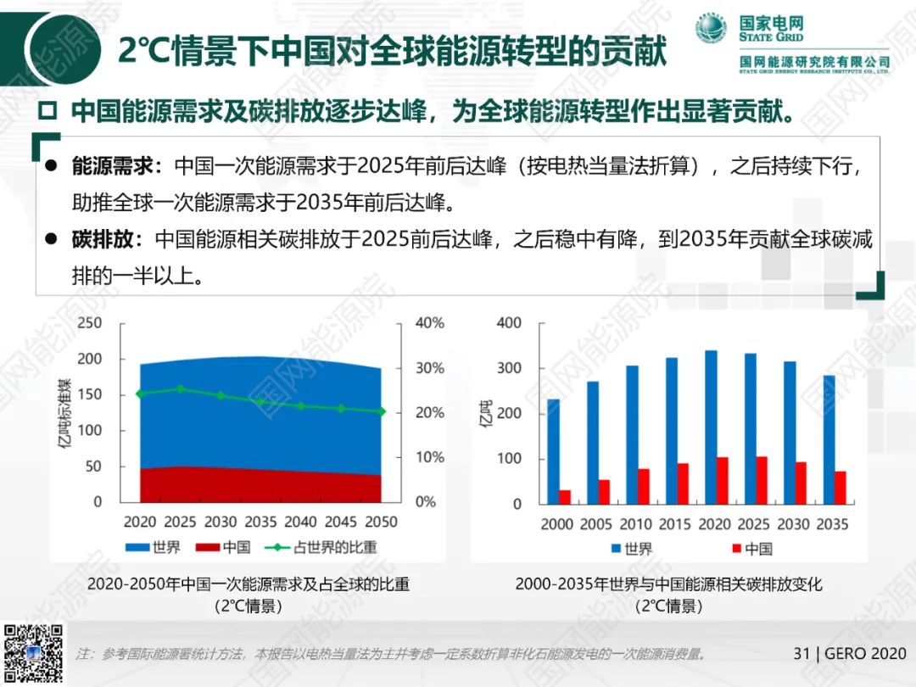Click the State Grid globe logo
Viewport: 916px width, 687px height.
coord(712,31)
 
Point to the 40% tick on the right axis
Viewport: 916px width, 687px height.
coord(429,323)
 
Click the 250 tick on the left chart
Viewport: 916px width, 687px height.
coord(90,323)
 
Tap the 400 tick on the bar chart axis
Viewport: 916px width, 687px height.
coord(510,323)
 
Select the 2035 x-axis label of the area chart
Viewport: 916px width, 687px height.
coord(260,522)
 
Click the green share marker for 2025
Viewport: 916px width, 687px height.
coord(181,389)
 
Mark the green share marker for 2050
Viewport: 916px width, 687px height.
coord(382,411)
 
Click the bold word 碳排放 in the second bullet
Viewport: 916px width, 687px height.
coord(103,239)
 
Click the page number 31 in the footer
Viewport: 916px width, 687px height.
coord(801,653)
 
